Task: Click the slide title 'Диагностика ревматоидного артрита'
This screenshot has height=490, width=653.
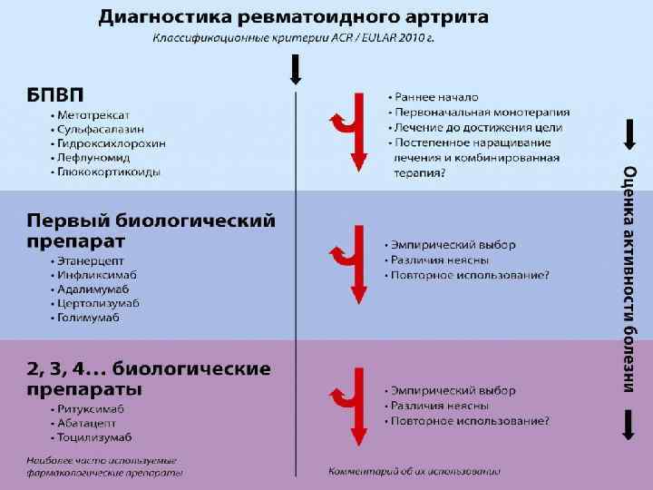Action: coord(293,17)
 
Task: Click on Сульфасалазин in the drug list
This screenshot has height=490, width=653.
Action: coord(101,130)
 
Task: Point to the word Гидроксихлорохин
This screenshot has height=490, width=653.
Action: coord(111,143)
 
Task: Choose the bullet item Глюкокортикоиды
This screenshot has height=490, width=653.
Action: coord(108,171)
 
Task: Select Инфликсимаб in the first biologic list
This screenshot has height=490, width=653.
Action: coord(97,275)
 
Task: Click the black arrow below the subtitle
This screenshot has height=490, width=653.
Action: coord(296,68)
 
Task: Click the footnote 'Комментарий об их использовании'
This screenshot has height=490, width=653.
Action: coord(414,471)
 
